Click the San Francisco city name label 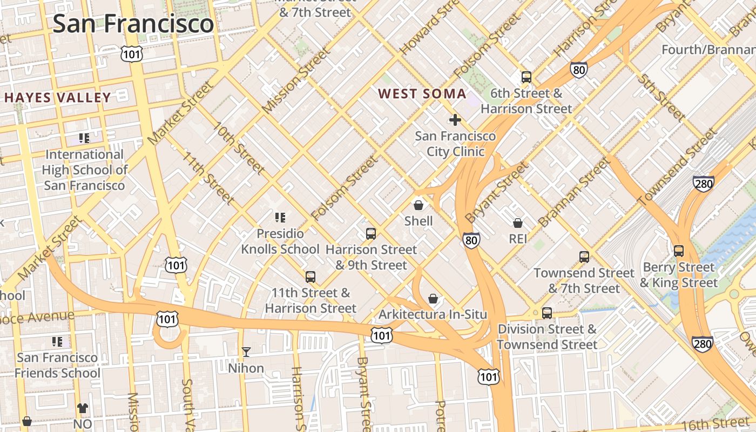[133, 24]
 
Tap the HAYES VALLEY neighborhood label [58, 98]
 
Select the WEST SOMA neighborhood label [422, 93]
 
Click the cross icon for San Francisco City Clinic [455, 119]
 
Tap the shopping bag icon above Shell [418, 205]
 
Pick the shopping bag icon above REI [517, 222]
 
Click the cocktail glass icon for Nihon [246, 352]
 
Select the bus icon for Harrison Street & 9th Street [370, 234]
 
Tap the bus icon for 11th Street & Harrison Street [310, 277]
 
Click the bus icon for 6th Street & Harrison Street [526, 77]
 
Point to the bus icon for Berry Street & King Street [678, 251]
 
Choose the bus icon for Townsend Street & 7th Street [584, 257]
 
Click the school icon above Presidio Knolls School [280, 218]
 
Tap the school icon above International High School [84, 138]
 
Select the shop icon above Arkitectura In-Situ [433, 299]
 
